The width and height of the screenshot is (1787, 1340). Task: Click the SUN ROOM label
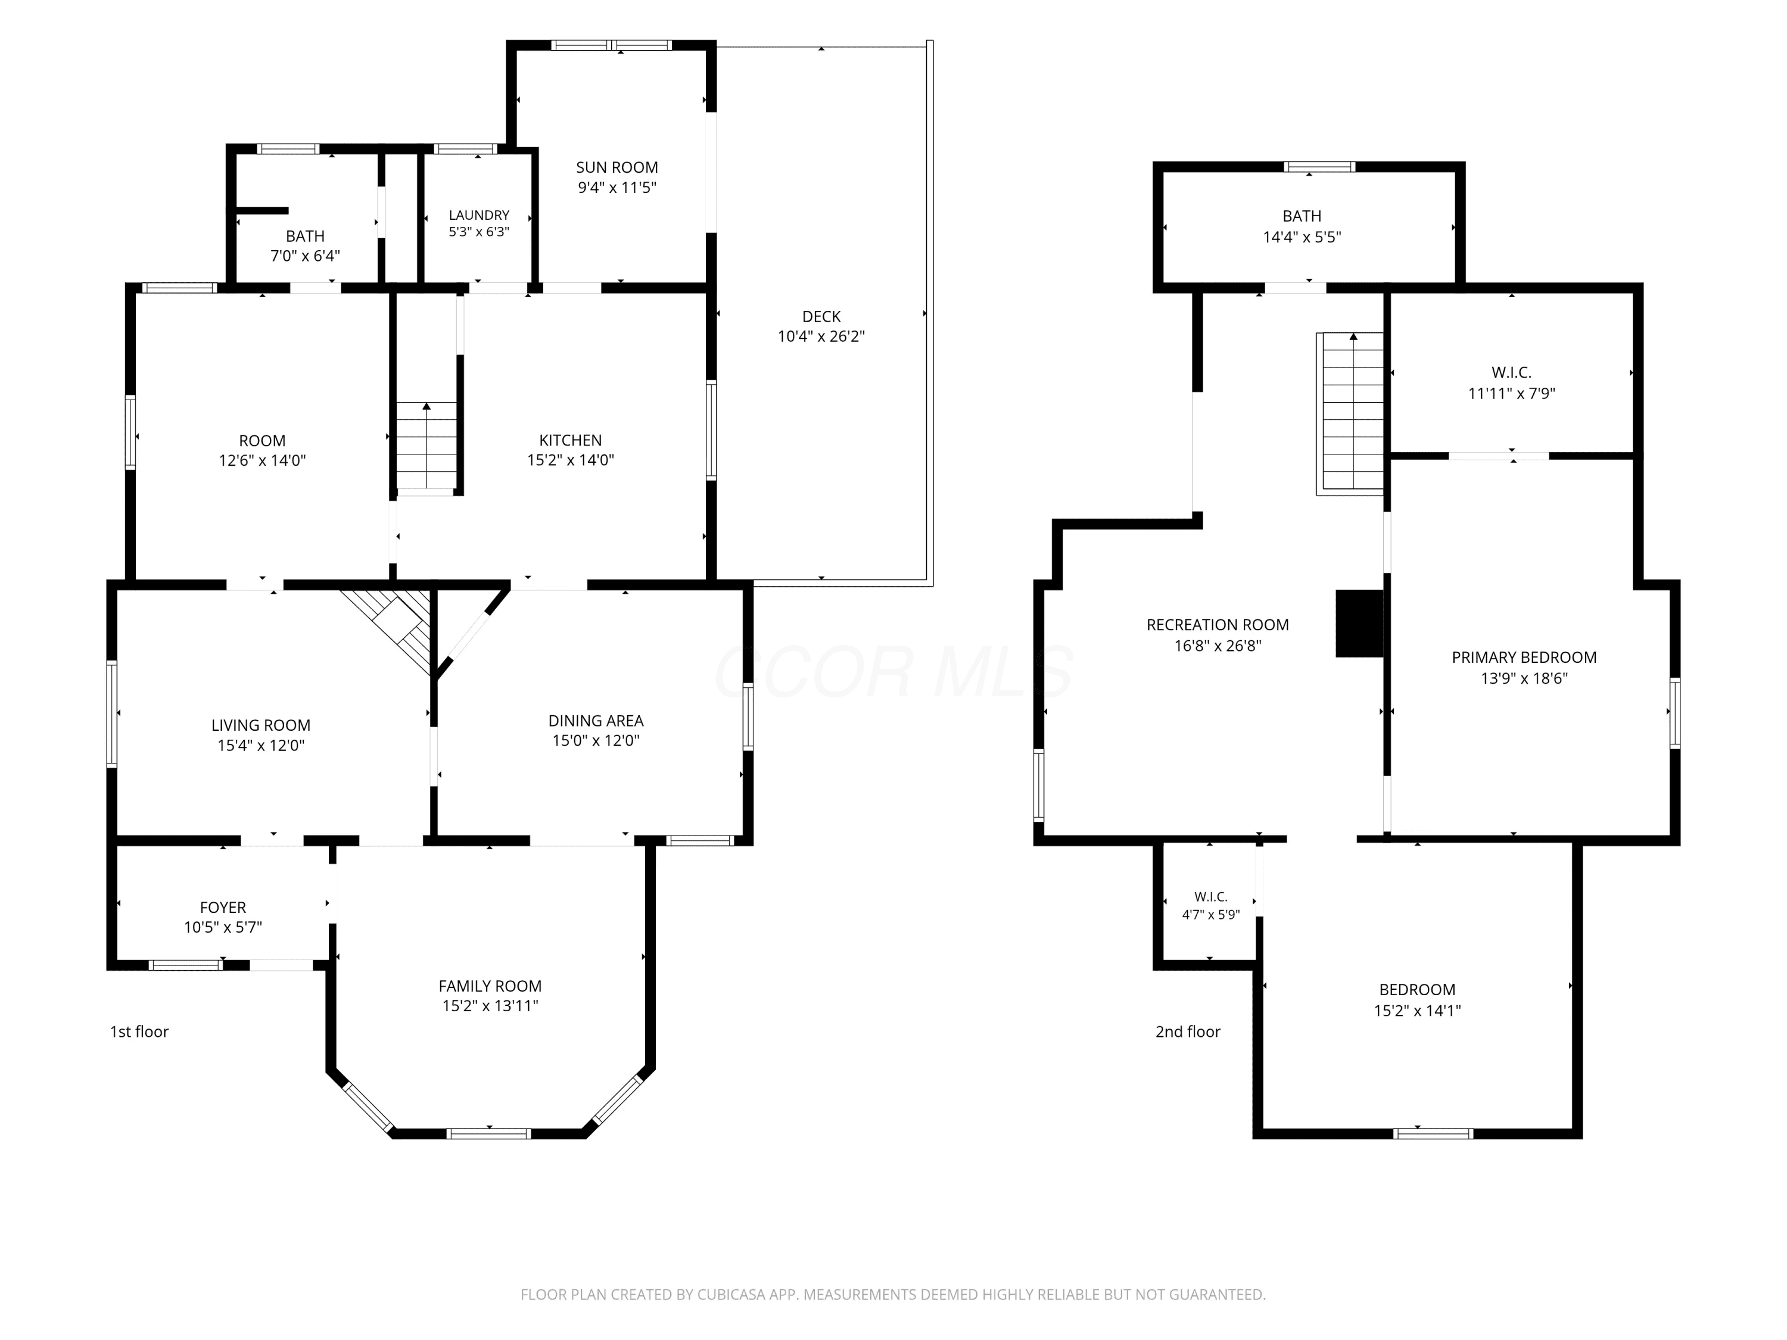pyautogui.click(x=617, y=167)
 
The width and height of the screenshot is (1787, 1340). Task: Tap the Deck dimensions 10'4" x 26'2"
pyautogui.click(x=821, y=336)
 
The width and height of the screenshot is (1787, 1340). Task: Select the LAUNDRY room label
pyautogui.click(x=479, y=215)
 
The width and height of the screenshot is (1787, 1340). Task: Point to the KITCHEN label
pyautogui.click(x=571, y=440)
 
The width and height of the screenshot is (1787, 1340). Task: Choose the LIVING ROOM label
pyautogui.click(x=261, y=725)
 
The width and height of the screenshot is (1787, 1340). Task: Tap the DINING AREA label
pyautogui.click(x=596, y=721)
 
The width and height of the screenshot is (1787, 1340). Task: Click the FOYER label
pyautogui.click(x=223, y=907)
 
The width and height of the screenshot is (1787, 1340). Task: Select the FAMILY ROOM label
pyautogui.click(x=490, y=986)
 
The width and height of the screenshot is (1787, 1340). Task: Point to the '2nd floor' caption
pyautogui.click(x=1188, y=1032)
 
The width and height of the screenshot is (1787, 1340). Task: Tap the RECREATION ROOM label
pyautogui.click(x=1218, y=624)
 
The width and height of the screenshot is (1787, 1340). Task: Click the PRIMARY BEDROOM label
pyautogui.click(x=1524, y=657)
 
